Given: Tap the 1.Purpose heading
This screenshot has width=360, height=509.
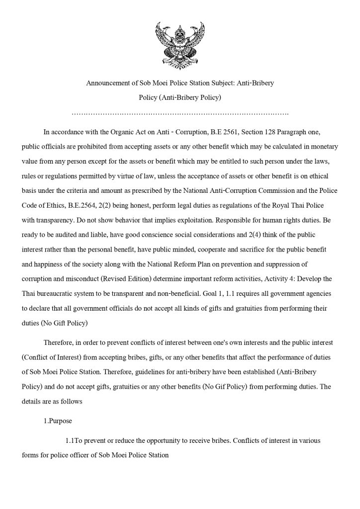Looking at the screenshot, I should point(58,421).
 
